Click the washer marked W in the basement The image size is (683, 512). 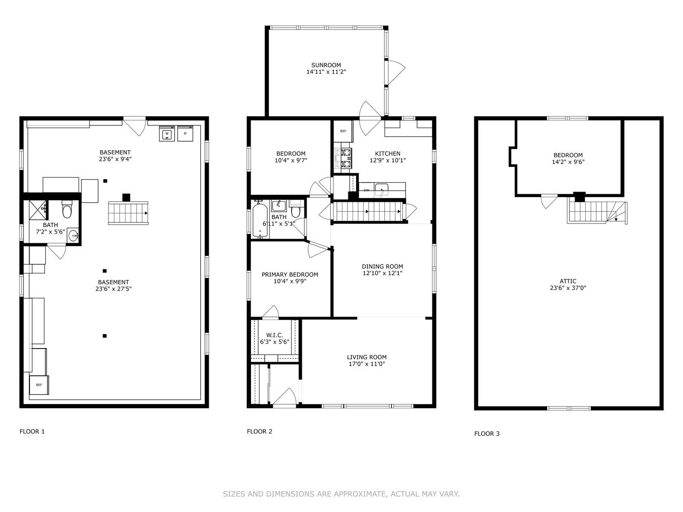(x=167, y=134)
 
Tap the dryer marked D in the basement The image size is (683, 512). (x=185, y=134)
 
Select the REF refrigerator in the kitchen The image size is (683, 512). (x=343, y=131)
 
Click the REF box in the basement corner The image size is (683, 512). (x=39, y=385)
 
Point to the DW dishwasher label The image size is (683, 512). (x=367, y=190)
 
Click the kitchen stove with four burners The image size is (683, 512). (x=343, y=158)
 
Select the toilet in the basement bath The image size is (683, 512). (x=67, y=209)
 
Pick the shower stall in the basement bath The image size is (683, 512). (x=37, y=210)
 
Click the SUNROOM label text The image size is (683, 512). (x=326, y=65)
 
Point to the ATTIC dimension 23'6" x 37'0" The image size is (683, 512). (x=568, y=288)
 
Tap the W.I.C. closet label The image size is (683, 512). (x=274, y=335)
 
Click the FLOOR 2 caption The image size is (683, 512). (x=260, y=431)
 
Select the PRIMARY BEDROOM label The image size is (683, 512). (x=290, y=274)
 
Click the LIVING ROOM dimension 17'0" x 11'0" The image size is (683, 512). (x=367, y=364)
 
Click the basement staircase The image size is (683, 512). (x=128, y=213)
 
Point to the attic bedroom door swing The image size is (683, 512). (x=549, y=201)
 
